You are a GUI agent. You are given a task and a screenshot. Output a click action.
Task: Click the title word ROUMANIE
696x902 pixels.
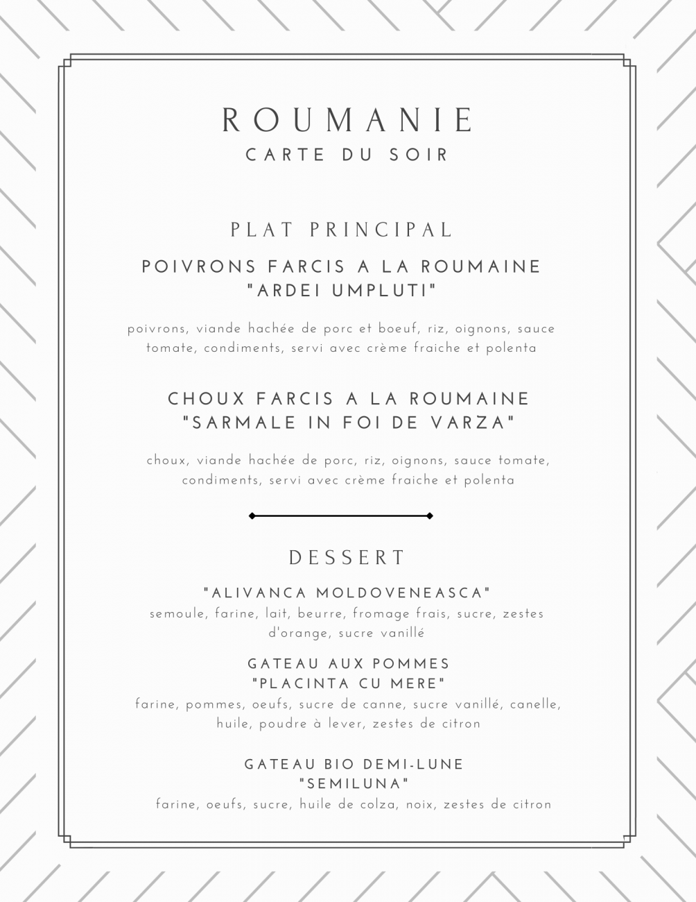(348, 120)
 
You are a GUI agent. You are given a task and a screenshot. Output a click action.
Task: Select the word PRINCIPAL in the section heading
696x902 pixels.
(381, 229)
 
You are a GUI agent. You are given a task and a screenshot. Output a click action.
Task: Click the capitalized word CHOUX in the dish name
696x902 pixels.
(207, 399)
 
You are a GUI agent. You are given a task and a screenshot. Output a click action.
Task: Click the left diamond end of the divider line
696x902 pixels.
(252, 516)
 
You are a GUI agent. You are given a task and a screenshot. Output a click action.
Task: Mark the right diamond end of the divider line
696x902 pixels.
(430, 516)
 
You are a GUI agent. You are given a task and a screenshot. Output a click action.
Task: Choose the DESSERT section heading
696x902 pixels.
(347, 557)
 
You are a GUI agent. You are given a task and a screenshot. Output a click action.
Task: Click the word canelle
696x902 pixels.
(534, 704)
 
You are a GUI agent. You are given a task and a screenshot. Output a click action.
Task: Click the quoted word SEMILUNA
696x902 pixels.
(354, 784)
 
